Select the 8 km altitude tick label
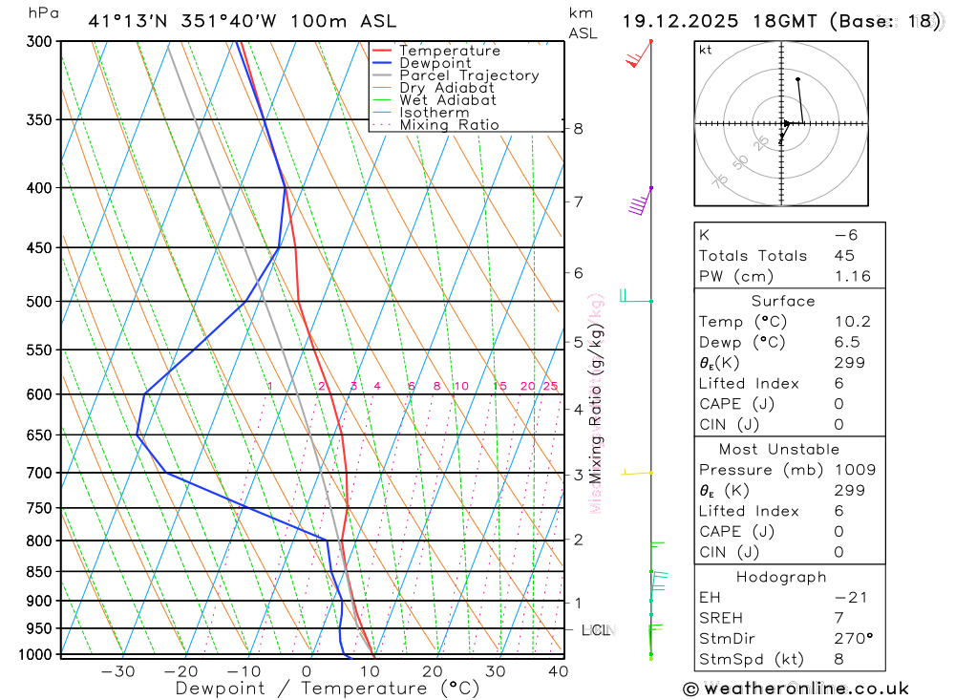(579, 129)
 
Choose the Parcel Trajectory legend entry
(469, 75)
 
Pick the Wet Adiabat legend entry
(448, 100)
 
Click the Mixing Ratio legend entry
(449, 125)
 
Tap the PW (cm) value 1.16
(852, 276)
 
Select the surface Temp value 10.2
(852, 322)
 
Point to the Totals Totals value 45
(843, 255)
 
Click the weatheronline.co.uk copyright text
(796, 688)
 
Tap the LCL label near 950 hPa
(596, 629)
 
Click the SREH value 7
(838, 618)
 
